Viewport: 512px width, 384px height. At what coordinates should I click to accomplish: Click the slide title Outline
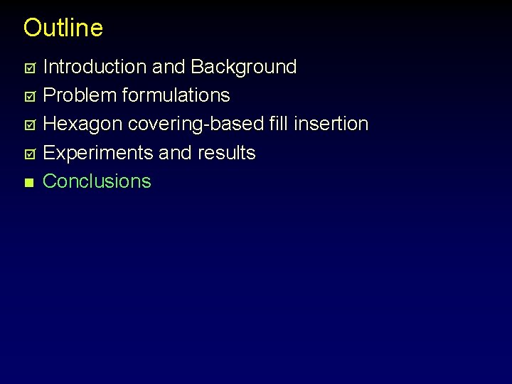coord(63,28)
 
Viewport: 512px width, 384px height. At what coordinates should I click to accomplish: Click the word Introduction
coord(95,67)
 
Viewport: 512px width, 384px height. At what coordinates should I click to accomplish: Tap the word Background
coord(243,67)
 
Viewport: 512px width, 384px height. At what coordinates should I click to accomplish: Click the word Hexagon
coord(83,124)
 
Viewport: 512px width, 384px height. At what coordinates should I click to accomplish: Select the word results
coord(227,153)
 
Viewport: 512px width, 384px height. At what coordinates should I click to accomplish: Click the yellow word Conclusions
coord(97,181)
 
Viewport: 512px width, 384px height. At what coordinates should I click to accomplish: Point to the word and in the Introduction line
coord(169,67)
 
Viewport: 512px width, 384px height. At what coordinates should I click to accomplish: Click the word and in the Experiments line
coord(168,153)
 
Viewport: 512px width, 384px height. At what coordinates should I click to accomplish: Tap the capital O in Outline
coord(33,28)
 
